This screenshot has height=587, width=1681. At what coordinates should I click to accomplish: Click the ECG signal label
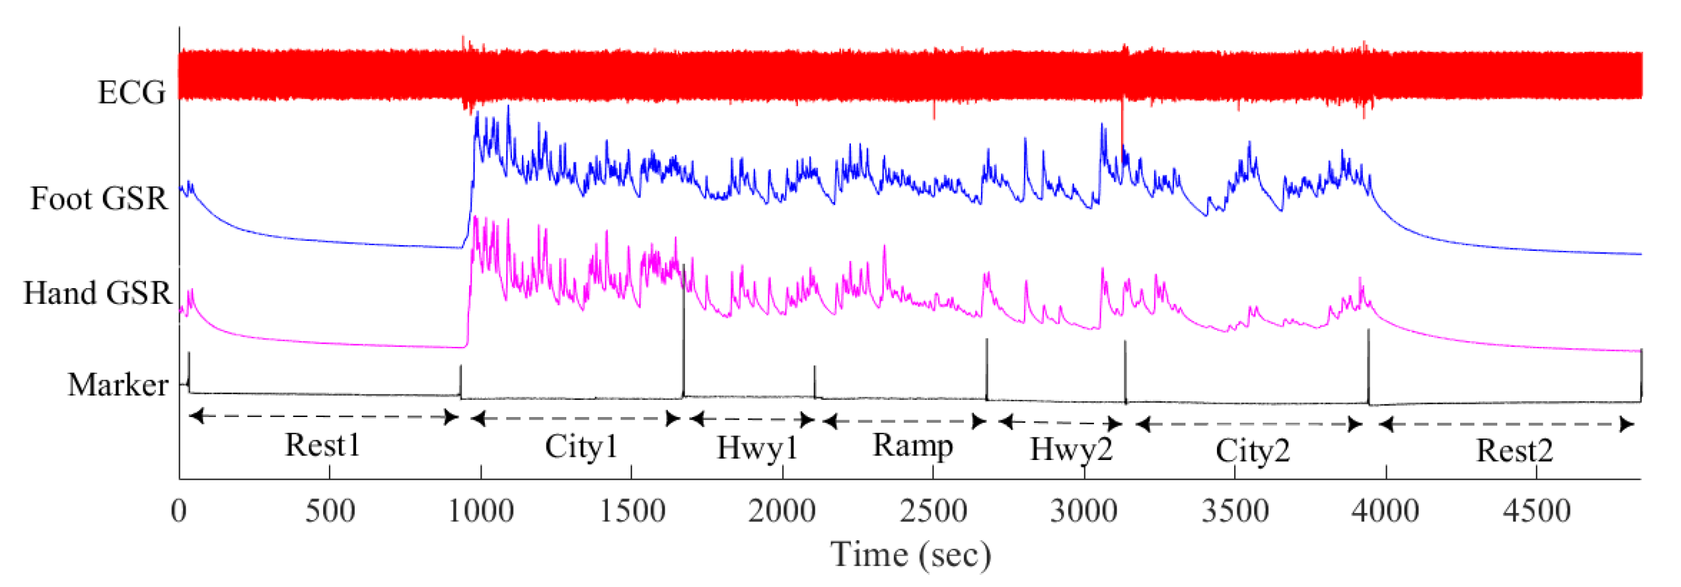pos(131,93)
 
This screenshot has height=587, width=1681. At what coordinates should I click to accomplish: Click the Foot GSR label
pos(99,198)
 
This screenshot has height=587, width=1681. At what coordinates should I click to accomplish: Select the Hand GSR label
pos(97,293)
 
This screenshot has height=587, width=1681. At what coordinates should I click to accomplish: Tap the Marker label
pos(118,385)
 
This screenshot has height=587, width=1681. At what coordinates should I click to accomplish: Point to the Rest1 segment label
pos(323,445)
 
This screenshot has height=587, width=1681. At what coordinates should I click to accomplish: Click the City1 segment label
pos(581,447)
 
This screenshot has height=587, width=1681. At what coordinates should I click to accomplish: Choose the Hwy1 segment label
pos(757,449)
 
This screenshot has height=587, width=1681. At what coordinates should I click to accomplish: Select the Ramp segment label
pos(912,446)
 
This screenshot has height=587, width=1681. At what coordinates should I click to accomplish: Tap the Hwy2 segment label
pos(1071,450)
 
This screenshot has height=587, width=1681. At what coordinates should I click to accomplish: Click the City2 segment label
pos(1252,451)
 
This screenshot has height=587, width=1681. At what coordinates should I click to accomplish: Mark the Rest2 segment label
pos(1514,451)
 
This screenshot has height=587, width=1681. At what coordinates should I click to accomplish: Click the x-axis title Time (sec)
pos(910,555)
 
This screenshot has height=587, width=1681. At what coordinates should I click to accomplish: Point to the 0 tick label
pos(179,511)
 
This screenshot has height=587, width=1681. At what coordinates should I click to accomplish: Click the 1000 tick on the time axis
pos(481,511)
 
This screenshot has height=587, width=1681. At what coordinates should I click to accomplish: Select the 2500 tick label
pos(933,511)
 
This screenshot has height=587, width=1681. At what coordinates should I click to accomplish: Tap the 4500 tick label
pos(1536,511)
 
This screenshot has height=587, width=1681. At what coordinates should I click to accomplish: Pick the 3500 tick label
pos(1235,511)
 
